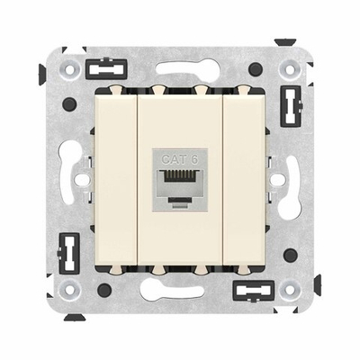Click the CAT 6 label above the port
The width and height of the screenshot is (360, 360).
point(179,159)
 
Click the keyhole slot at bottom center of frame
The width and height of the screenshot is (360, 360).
point(179,292)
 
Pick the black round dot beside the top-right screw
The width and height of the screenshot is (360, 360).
point(256,68)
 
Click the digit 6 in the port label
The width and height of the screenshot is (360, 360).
point(191,159)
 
